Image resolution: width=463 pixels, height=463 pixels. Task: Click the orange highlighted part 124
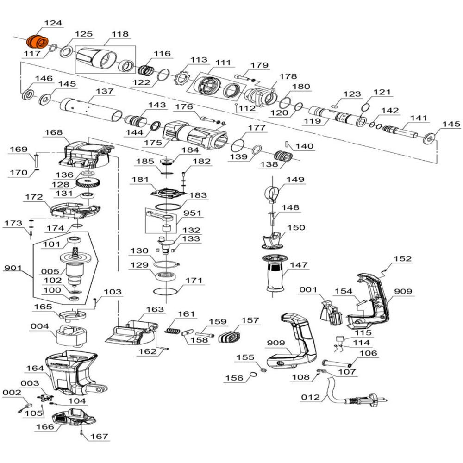(x=37, y=41)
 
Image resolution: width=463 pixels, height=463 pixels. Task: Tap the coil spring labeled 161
(x=173, y=330)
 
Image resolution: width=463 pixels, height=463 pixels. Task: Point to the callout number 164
(x=35, y=369)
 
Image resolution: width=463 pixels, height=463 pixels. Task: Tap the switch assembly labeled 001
(x=331, y=313)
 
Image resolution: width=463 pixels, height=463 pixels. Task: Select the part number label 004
(x=39, y=326)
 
